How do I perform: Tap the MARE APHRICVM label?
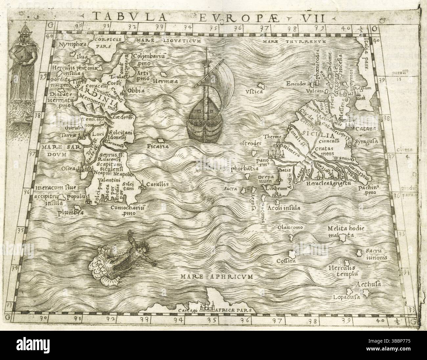217,277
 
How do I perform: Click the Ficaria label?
158,146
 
